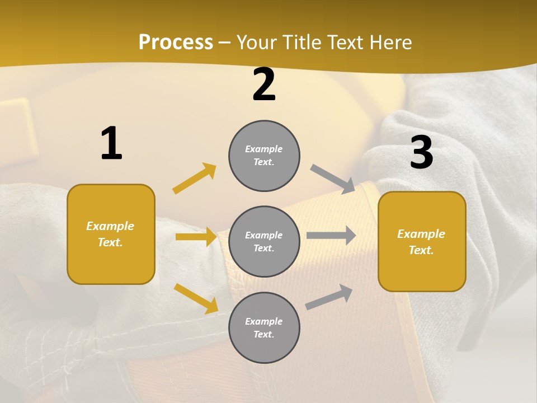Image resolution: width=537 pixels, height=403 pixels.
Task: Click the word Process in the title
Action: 176,43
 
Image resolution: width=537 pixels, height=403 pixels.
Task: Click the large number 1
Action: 111,143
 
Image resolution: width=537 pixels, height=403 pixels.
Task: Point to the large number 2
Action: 264,85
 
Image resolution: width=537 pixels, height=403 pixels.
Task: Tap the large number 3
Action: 421,152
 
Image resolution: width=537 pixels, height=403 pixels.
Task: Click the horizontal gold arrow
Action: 196,237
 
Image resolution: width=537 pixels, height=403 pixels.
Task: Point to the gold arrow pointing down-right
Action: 196,298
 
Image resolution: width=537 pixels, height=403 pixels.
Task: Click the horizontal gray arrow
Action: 331,236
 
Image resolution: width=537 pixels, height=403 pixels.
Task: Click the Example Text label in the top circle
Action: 264,155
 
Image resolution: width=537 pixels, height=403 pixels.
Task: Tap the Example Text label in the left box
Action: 110,234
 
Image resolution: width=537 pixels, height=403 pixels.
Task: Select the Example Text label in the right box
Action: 421,242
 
